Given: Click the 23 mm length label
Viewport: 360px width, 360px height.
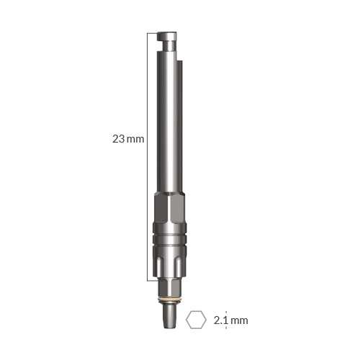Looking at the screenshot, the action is click(x=128, y=139).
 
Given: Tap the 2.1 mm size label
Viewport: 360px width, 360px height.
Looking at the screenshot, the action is click(x=230, y=320).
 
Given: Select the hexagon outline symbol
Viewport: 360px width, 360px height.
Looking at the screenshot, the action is click(x=196, y=320).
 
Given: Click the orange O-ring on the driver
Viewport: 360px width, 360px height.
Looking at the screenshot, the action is click(x=169, y=300).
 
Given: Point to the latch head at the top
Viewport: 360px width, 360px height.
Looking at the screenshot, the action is click(x=167, y=36).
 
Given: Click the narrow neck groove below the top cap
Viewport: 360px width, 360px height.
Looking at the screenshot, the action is click(x=168, y=45).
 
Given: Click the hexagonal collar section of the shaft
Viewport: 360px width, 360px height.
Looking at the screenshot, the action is click(x=169, y=208).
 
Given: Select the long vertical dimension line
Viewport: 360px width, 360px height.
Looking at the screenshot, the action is click(x=148, y=156).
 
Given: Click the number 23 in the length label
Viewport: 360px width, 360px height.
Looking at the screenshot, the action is click(x=119, y=139).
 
